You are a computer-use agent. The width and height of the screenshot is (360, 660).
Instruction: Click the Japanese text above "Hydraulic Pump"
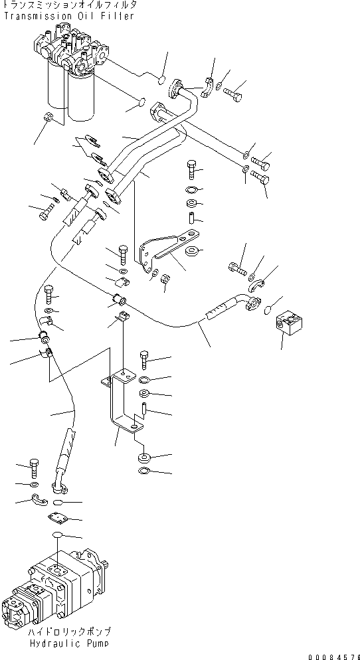(70, 632)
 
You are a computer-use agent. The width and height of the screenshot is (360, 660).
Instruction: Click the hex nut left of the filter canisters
(48, 118)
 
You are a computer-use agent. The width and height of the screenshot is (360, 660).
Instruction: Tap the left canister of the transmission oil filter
(56, 86)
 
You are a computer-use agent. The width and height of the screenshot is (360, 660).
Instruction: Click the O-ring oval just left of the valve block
(268, 311)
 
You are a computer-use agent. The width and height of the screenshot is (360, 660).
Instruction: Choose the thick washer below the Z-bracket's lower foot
(143, 458)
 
